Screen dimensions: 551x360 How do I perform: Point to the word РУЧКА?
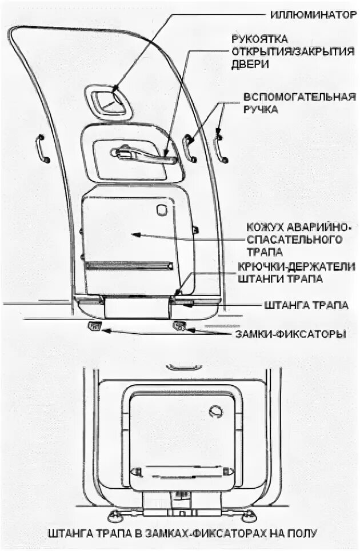click(x=261, y=109)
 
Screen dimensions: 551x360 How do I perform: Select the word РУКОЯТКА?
click(x=259, y=39)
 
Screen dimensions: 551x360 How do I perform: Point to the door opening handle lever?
click(x=146, y=156)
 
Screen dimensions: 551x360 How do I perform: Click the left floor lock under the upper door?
click(x=94, y=326)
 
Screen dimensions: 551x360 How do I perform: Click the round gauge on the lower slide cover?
click(x=215, y=411)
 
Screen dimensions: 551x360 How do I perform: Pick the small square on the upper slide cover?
click(x=162, y=209)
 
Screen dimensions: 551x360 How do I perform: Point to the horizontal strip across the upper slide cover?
click(x=129, y=266)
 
